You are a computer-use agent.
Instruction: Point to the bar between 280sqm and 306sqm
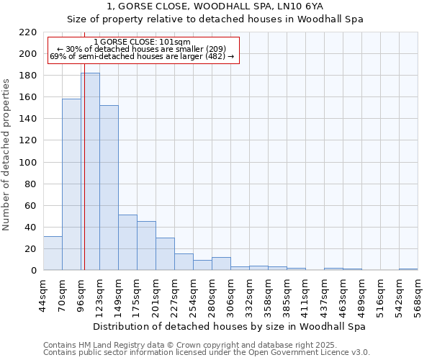coord(221,264)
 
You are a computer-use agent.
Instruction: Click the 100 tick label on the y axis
coord(28,163)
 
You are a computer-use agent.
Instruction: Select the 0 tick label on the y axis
coord(33,271)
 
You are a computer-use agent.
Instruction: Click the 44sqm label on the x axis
coord(43,295)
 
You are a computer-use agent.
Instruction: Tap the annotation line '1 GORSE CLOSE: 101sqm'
coord(142,42)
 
